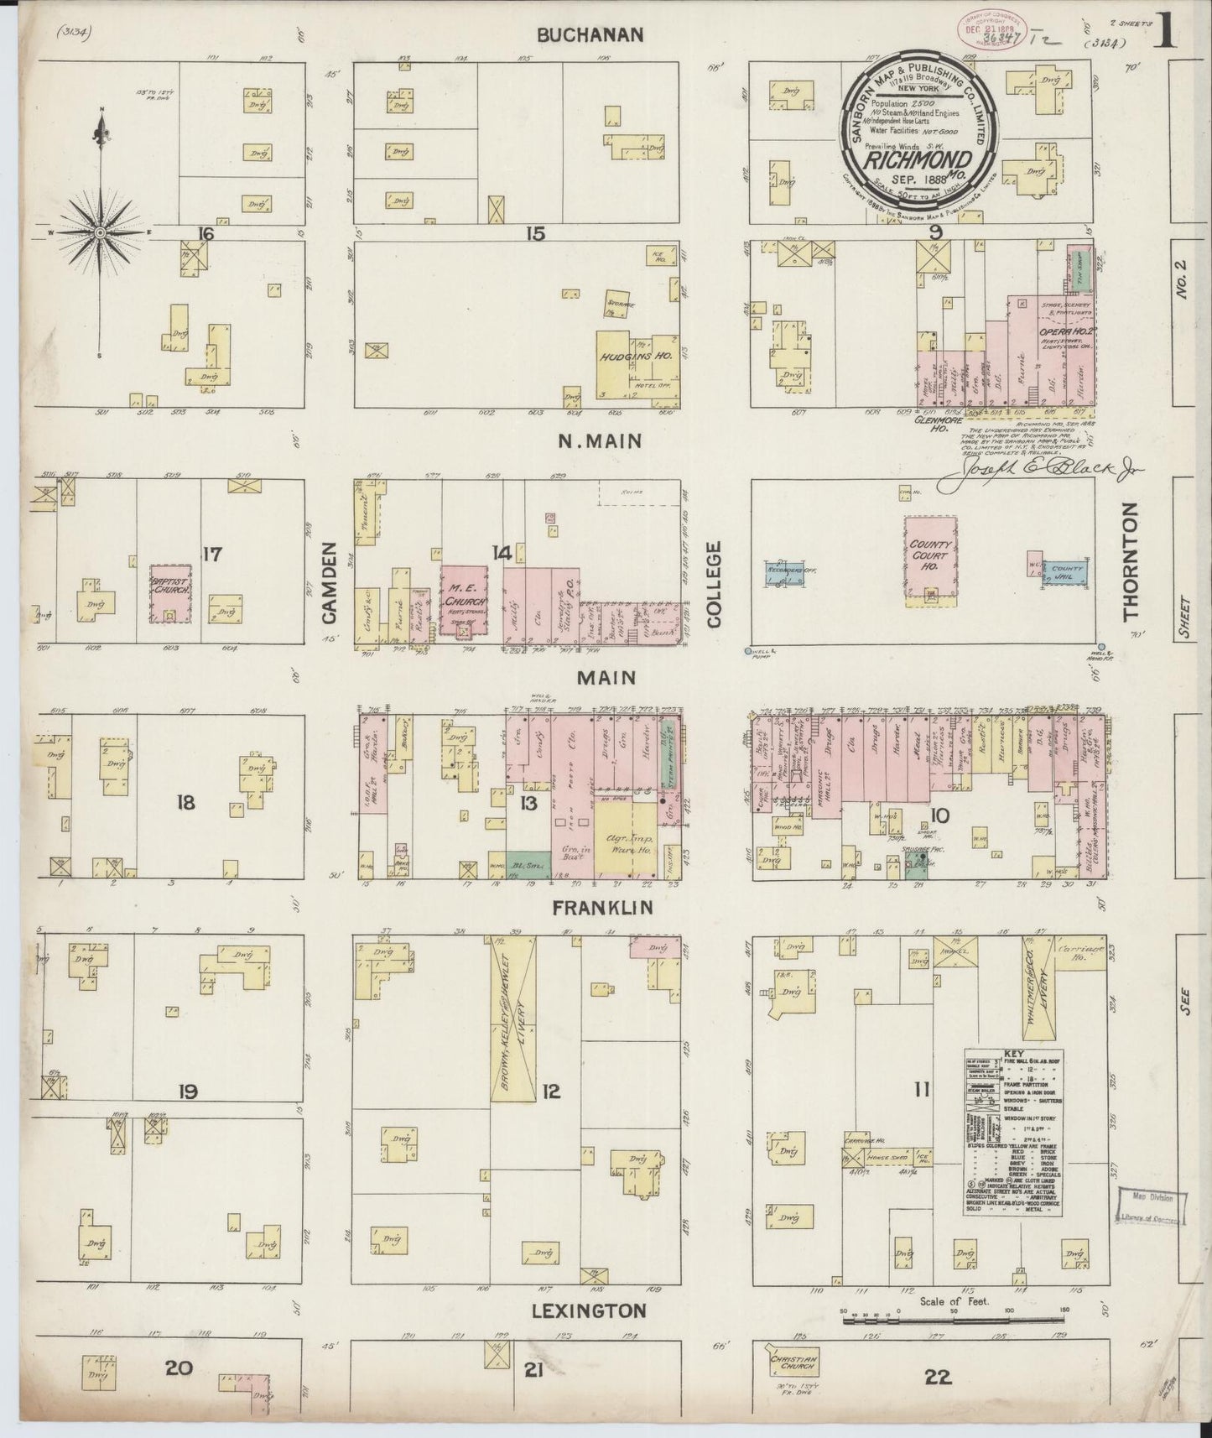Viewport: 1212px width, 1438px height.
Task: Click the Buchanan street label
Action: (590, 34)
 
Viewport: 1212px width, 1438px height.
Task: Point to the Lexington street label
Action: (591, 1310)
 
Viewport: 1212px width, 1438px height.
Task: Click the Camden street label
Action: (328, 582)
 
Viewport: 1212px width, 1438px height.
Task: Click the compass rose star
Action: (100, 232)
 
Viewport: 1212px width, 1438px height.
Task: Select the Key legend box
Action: (1013, 1132)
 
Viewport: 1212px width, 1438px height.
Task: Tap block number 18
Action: (185, 803)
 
